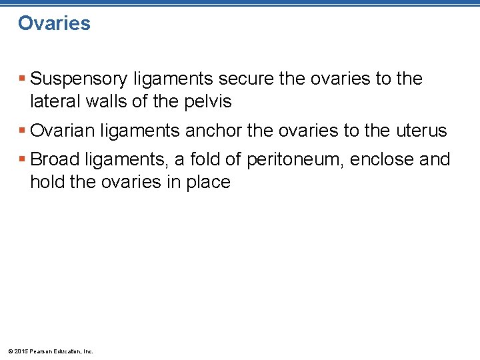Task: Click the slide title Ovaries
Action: pos(54,23)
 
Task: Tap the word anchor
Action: pos(213,131)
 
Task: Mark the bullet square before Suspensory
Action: pos(22,79)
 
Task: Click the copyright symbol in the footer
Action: pos(9,351)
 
